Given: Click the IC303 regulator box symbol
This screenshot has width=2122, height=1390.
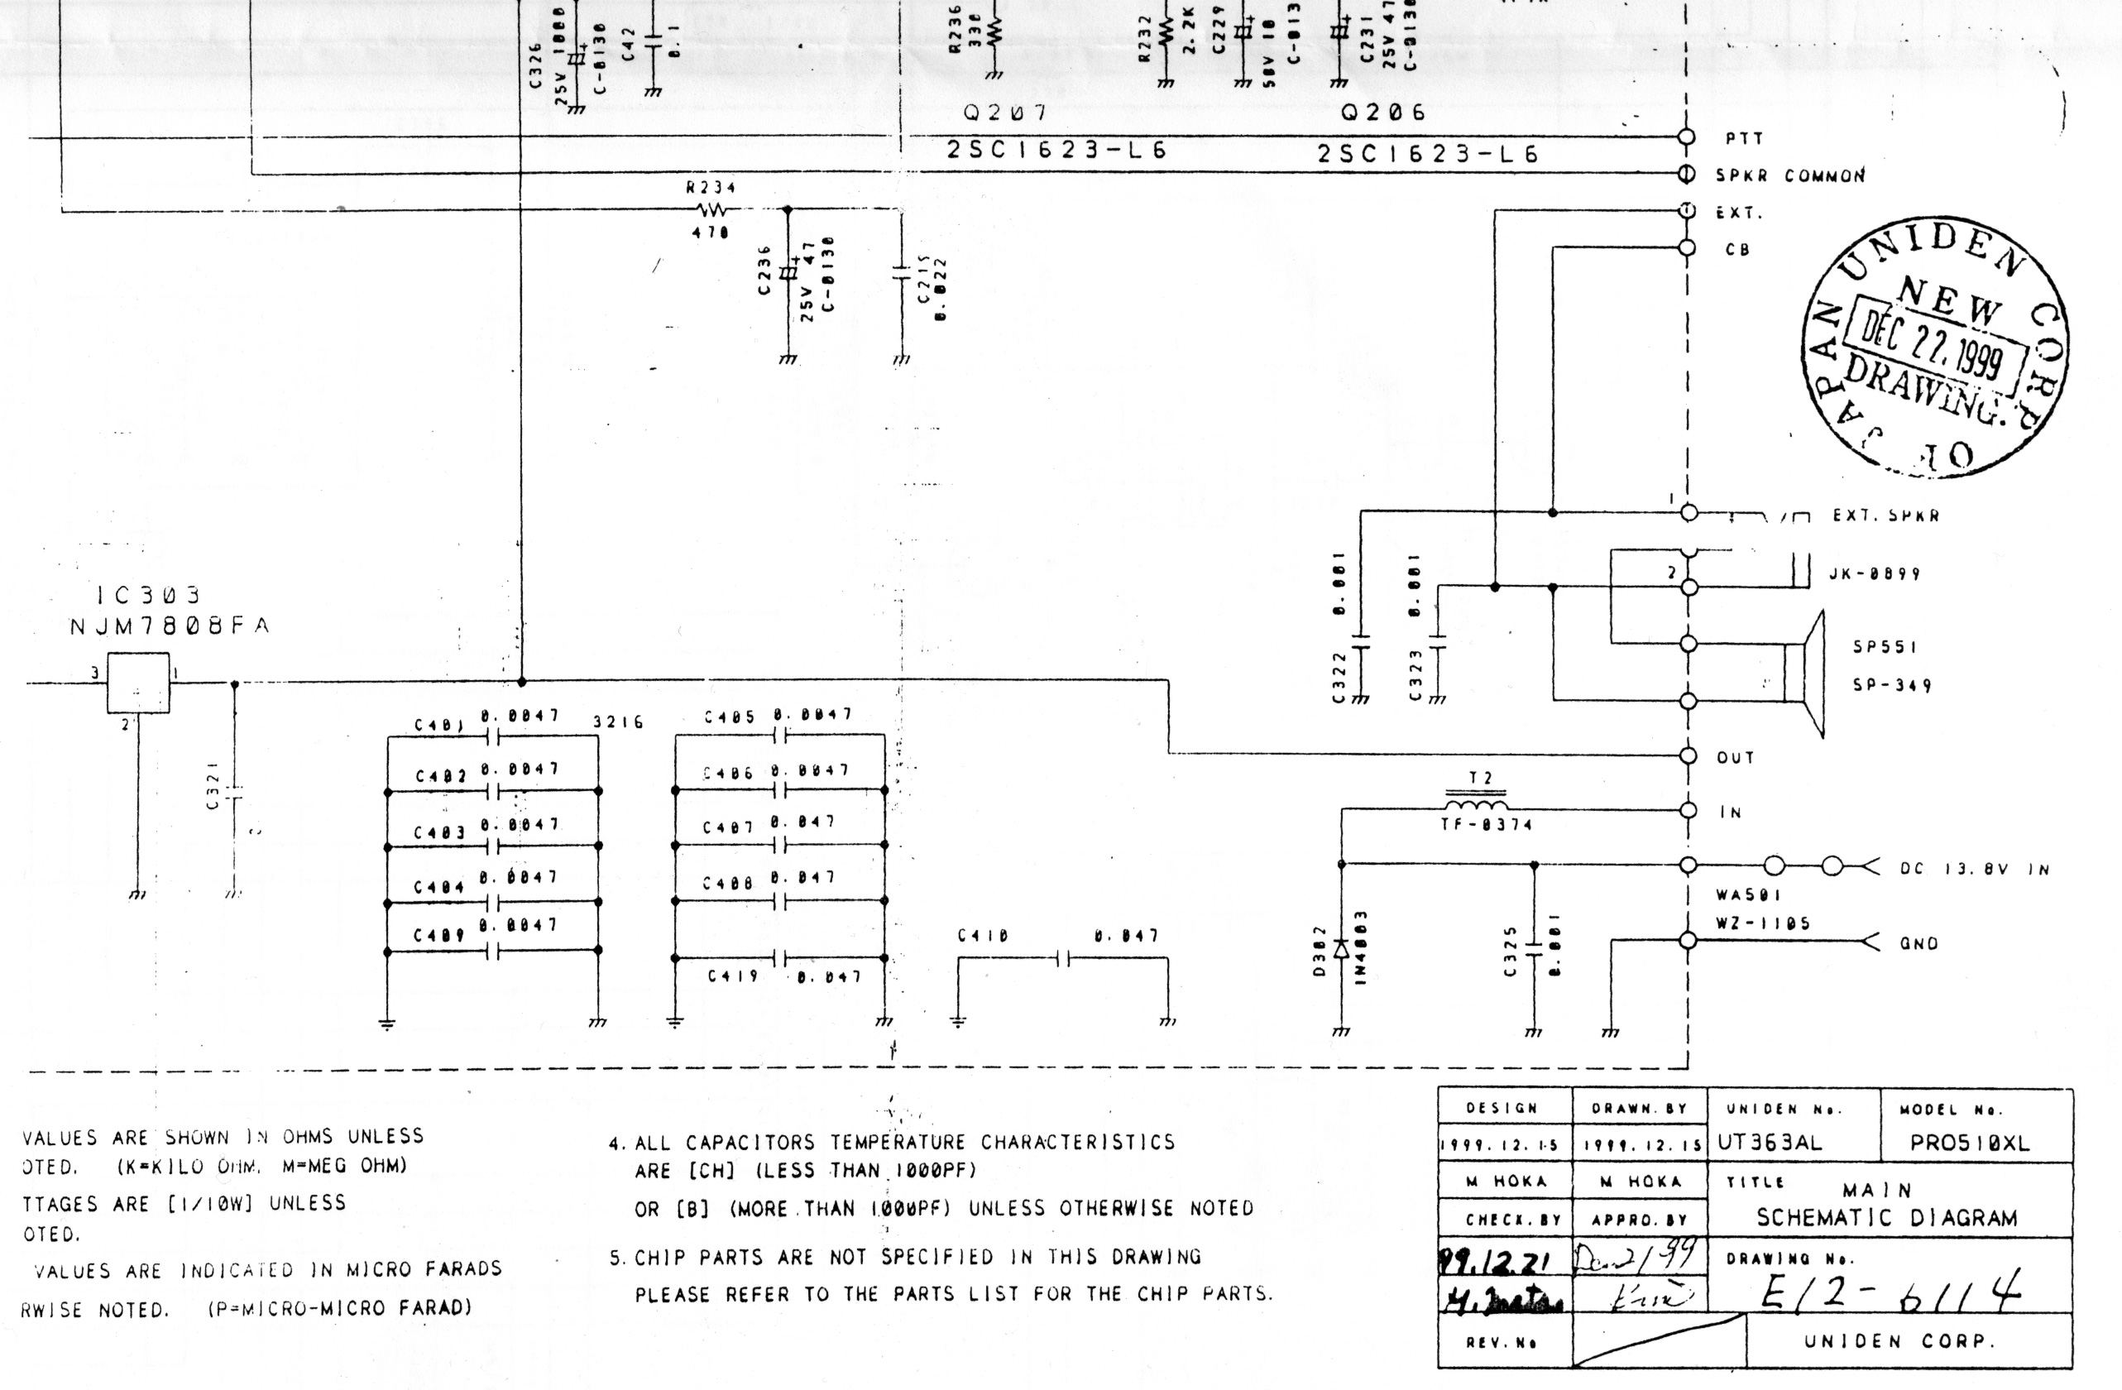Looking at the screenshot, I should coord(138,683).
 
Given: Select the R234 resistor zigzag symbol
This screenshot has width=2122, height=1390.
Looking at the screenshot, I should coord(711,210).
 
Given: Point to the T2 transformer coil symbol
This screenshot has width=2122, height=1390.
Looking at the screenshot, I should coord(1477,804).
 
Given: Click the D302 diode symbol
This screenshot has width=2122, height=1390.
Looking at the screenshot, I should coord(1341,951).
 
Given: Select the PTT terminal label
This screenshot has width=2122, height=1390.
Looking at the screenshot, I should coord(1743,139).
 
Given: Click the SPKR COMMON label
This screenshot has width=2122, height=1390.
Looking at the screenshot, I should coord(1789,176).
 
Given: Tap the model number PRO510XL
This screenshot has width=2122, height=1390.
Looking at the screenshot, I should coord(1970,1144).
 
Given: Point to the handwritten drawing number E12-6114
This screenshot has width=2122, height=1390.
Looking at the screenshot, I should coord(1890,1289).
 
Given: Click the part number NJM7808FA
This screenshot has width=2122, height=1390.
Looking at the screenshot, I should coord(170,627).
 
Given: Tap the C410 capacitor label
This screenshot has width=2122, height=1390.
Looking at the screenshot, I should coord(983,936).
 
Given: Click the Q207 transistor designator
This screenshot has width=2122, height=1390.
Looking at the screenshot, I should coord(1005,114).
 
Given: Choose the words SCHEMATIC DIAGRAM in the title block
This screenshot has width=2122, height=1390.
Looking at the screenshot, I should coord(1886,1218).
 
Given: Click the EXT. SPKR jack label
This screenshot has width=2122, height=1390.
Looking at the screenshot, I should coord(1885,516).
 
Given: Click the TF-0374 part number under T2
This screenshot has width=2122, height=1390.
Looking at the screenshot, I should coord(1486,826).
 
